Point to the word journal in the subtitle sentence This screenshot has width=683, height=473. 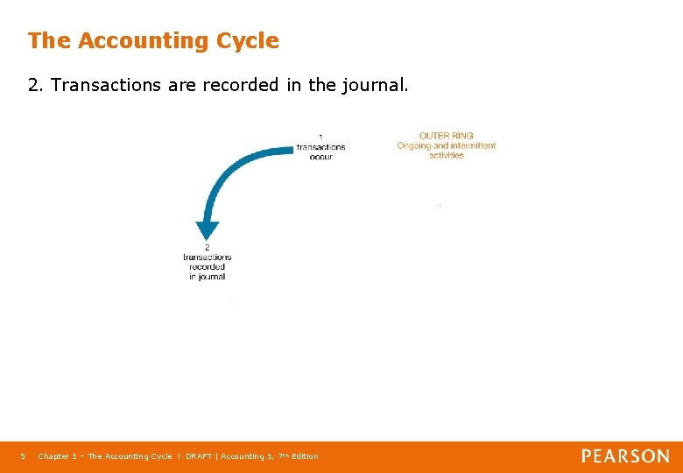pos(373,86)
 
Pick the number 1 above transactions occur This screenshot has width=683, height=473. pos(320,137)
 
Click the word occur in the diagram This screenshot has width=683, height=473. pos(320,157)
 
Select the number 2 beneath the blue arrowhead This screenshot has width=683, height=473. pos(208,247)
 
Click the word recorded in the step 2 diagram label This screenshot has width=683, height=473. pos(208,266)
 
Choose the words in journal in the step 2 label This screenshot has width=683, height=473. pos(208,277)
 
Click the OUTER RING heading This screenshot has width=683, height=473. pos(446,136)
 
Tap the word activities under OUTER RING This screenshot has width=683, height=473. pos(446,155)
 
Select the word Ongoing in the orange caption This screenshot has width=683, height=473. pos(414,145)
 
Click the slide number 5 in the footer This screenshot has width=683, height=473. pos(23,456)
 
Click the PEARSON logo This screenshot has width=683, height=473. pos(625,456)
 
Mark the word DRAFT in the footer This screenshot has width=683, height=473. pos(200,456)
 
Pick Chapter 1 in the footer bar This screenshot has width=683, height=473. pos(57,456)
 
